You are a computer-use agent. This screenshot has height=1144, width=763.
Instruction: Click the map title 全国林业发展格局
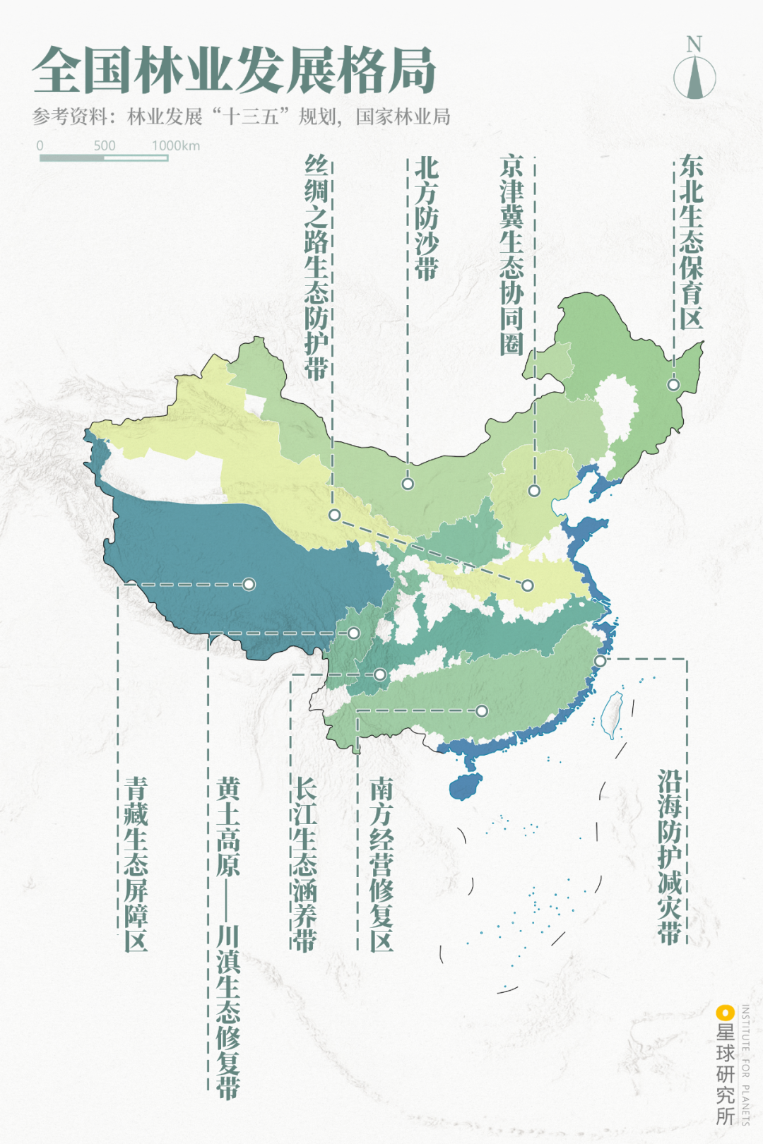234,71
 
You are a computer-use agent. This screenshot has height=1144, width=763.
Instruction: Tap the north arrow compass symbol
694,75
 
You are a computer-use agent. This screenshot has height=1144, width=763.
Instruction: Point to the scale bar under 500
104,157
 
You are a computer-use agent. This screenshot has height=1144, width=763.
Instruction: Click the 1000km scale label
176,145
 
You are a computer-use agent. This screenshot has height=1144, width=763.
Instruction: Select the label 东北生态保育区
691,242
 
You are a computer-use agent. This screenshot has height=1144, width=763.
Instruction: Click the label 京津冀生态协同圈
511,255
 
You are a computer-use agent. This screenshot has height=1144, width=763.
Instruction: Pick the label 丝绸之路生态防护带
317,268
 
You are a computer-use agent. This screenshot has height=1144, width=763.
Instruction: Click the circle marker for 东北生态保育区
673,385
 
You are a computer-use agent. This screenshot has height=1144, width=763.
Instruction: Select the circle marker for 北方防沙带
408,484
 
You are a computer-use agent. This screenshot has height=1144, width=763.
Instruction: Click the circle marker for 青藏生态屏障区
249,584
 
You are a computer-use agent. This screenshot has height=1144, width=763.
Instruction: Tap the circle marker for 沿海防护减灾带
600,661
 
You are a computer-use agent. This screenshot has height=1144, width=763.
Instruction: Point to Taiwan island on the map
612,715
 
